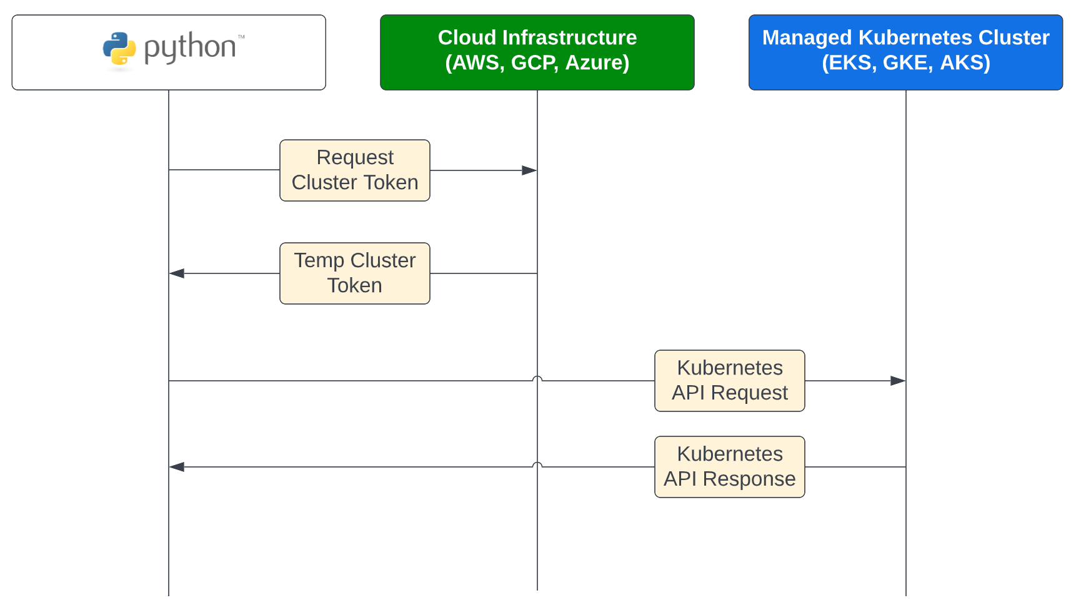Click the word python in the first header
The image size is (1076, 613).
[190, 48]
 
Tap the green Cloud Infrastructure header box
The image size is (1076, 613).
[537, 52]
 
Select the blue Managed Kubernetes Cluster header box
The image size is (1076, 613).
[905, 52]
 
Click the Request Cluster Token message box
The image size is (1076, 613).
[354, 170]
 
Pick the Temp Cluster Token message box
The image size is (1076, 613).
[354, 273]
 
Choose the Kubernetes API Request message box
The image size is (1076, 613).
[729, 380]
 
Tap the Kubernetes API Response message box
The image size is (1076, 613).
[729, 466]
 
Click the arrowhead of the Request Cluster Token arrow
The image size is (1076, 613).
[529, 170]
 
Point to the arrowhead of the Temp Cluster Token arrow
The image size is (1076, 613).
[177, 273]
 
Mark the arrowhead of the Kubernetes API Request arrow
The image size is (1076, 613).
[898, 381]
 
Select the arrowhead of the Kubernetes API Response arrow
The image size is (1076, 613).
[177, 467]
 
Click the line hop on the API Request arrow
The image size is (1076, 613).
[537, 378]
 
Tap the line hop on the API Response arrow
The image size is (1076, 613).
[537, 464]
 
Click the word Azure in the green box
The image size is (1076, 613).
[596, 62]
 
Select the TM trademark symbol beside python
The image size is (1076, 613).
[241, 37]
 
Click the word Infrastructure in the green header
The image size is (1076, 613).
[569, 37]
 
